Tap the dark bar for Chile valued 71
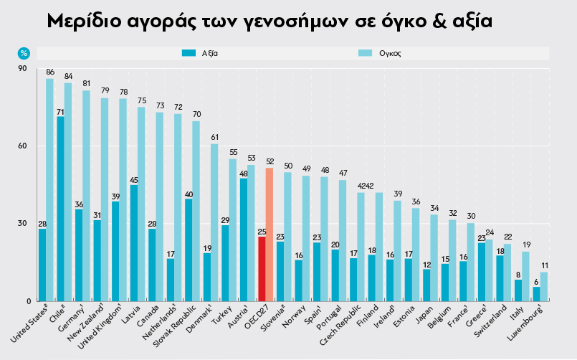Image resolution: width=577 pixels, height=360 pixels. pos(60,209)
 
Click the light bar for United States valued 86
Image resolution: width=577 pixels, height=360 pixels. pos(50,189)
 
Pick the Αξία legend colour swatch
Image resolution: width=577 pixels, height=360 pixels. pos(189,53)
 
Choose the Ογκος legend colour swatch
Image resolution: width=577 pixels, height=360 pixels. pos(364,53)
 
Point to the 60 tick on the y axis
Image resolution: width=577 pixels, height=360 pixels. pos(22,146)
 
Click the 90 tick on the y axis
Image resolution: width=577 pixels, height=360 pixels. pos(22,69)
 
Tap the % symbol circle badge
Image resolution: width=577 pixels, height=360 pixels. pos(24,53)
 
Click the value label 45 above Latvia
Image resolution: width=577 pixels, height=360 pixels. pos(134,180)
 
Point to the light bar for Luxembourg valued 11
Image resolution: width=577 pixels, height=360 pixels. pos(544,286)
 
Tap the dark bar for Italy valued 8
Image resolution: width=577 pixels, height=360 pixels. pos(518,290)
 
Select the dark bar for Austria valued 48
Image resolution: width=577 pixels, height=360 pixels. pos(244,240)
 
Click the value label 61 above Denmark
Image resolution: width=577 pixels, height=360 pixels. pos(214,137)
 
